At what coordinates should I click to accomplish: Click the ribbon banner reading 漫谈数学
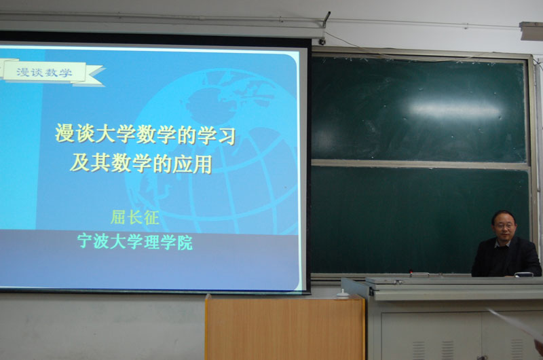(x=52, y=73)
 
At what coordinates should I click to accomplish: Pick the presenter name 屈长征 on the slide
(x=135, y=217)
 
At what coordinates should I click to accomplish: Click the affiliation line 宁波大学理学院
(x=135, y=241)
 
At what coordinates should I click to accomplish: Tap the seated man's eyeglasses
(x=505, y=226)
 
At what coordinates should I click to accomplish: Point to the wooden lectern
(x=284, y=327)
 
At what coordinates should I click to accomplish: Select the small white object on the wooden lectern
(x=343, y=294)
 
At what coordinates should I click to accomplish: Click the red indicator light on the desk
(x=411, y=271)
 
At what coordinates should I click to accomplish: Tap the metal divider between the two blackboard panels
(x=420, y=164)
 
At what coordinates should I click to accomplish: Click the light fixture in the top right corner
(x=531, y=31)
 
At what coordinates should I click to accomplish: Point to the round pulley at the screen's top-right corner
(x=322, y=42)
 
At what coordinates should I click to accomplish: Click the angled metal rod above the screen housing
(x=326, y=20)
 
